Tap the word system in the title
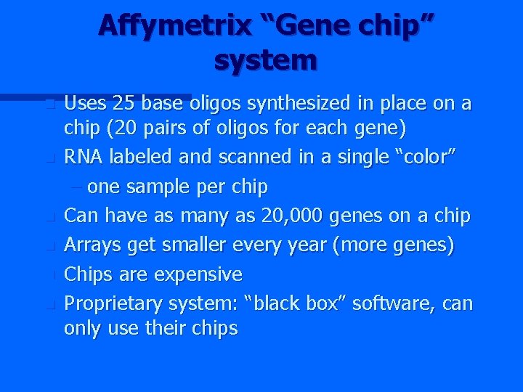click(266, 60)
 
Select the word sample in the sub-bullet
click(155, 187)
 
